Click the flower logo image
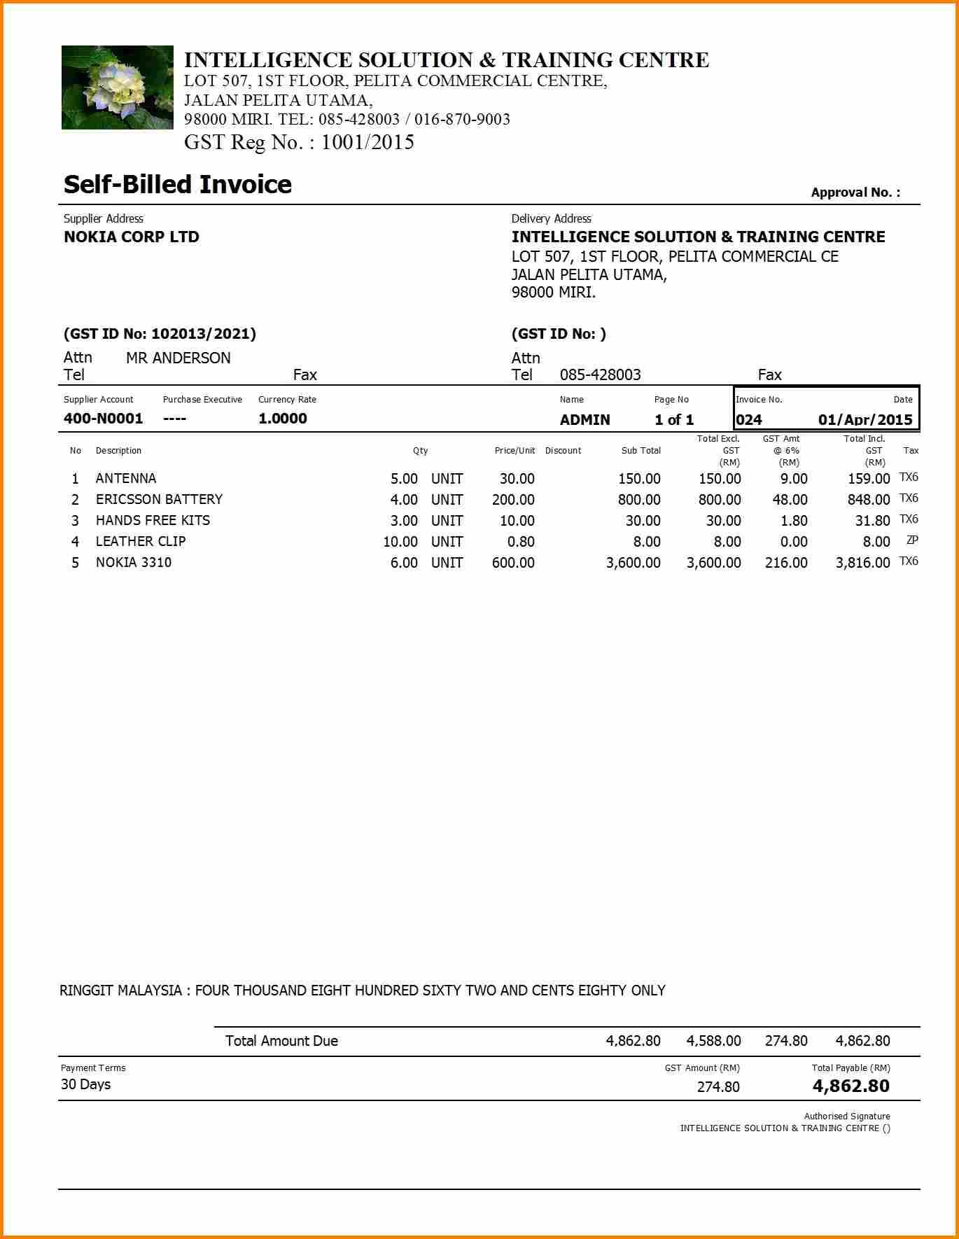pos(117,87)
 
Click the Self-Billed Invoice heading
pos(177,185)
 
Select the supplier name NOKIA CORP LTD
pos(131,237)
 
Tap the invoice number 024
pos(748,420)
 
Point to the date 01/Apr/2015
pos(865,420)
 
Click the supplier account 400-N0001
pos(103,419)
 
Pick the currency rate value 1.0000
pos(282,419)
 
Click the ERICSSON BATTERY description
pos(159,499)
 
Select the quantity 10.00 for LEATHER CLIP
pos(400,542)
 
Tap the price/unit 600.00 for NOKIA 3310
pos(512,563)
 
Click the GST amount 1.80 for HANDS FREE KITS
pos(793,521)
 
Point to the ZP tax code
pos(911,540)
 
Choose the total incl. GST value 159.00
pos(868,479)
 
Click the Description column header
pos(118,451)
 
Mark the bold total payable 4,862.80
pos(850,1086)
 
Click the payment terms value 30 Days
pos(85,1084)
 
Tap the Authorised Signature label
pos(846,1116)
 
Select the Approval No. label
pos(855,192)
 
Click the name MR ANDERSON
pos(178,358)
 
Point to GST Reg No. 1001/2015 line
pos(299,142)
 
